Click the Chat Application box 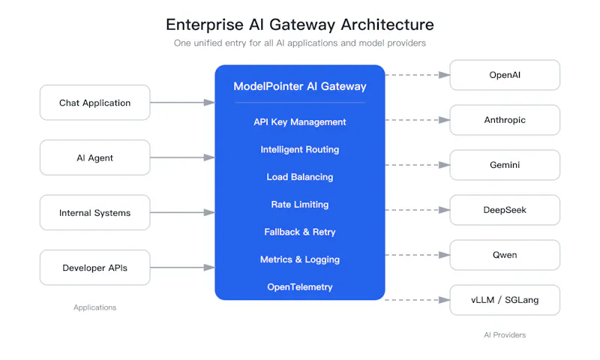(x=95, y=103)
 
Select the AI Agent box (x=95, y=157)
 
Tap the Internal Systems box (x=95, y=213)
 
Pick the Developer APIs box (x=95, y=268)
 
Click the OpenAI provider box (x=505, y=75)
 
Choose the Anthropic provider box (x=505, y=120)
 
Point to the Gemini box (x=505, y=165)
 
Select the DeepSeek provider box (x=505, y=210)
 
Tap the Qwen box (x=505, y=255)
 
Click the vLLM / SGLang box (x=505, y=300)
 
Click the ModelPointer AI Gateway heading (x=300, y=86)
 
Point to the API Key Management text (x=300, y=122)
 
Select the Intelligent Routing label (x=300, y=149)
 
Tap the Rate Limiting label (x=300, y=205)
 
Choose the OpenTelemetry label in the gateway (x=300, y=287)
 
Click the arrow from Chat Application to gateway (x=182, y=103)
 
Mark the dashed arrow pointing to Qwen (x=418, y=255)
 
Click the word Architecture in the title (x=387, y=25)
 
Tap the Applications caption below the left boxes (x=95, y=307)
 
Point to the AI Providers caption (x=505, y=335)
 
